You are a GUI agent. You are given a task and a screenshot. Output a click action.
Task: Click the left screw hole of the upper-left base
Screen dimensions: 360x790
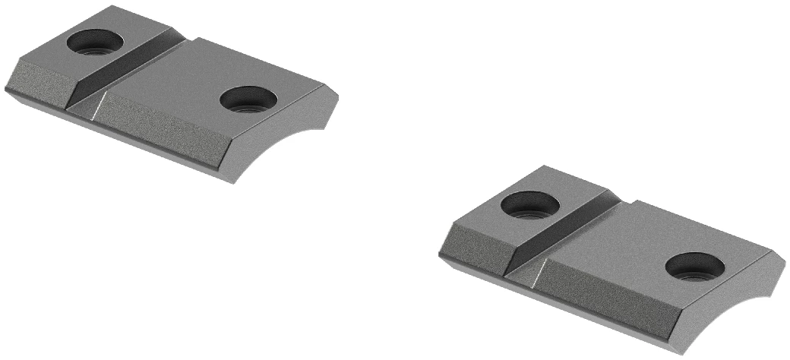pyautogui.click(x=94, y=43)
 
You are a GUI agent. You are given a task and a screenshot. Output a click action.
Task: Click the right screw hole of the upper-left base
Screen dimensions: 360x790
pyautogui.click(x=248, y=99)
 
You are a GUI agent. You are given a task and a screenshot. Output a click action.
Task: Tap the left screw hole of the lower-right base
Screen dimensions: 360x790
pyautogui.click(x=529, y=204)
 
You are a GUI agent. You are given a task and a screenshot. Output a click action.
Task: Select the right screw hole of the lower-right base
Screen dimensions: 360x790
pyautogui.click(x=694, y=266)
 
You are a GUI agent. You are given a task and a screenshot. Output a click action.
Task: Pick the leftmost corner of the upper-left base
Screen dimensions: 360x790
pyautogui.click(x=5, y=87)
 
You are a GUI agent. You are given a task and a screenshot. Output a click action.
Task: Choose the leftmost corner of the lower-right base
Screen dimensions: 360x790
pyautogui.click(x=440, y=254)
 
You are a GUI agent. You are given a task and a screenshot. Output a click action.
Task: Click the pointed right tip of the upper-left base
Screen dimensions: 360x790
pyautogui.click(x=338, y=98)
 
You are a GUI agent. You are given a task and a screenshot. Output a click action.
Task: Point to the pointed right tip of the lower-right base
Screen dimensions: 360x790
pyautogui.click(x=785, y=261)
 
